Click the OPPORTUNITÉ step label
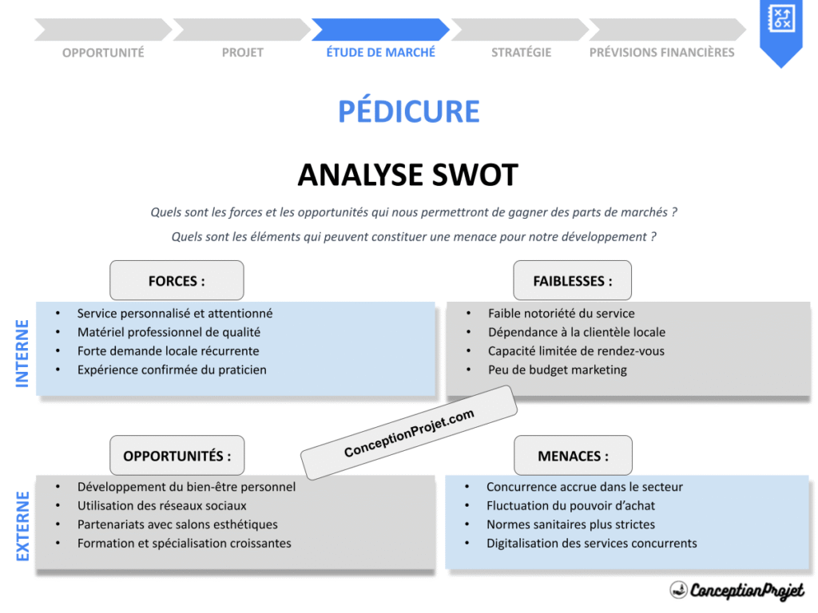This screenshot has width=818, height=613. (103, 53)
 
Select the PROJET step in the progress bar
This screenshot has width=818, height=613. (242, 53)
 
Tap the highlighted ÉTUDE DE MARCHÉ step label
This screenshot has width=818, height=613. (381, 53)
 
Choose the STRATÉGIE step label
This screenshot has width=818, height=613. (521, 53)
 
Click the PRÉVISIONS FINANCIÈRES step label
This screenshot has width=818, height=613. (661, 53)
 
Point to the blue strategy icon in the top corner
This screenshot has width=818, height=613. (780, 19)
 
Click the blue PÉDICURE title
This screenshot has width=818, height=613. (408, 112)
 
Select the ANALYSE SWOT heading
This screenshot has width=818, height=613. (408, 175)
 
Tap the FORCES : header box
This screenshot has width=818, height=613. (177, 281)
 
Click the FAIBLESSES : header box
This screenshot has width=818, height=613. (572, 281)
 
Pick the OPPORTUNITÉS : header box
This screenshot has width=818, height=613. (177, 456)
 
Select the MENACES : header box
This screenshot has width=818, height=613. (572, 456)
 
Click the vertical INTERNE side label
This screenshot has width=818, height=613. (22, 354)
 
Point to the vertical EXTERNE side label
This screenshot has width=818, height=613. (22, 526)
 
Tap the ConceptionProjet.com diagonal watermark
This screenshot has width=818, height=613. (409, 433)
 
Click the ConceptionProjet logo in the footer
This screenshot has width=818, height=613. (737, 591)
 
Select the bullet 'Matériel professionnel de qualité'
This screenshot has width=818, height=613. (169, 332)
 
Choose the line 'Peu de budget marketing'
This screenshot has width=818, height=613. (557, 370)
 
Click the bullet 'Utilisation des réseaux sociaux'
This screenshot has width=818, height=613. (161, 505)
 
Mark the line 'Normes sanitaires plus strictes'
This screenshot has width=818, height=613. (570, 524)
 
